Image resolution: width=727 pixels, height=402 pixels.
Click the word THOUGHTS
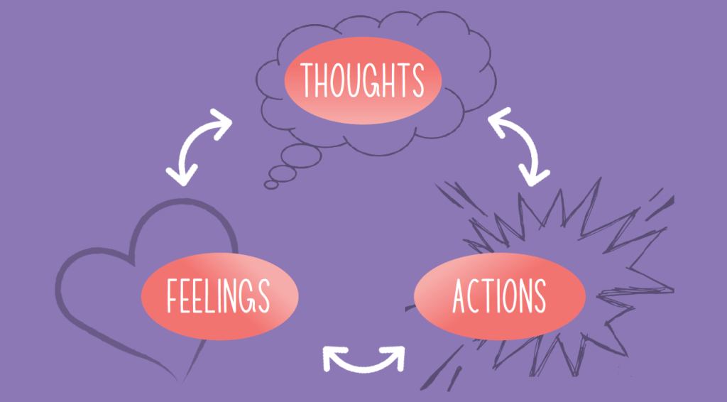[362, 80]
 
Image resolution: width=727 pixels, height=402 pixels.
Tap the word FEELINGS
[218, 295]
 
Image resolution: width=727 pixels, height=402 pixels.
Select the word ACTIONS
[499, 295]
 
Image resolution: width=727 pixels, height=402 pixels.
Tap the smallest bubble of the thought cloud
[271, 184]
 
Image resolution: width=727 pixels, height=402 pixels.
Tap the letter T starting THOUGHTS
[308, 80]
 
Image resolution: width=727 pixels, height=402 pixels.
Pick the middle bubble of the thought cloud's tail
[282, 173]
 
